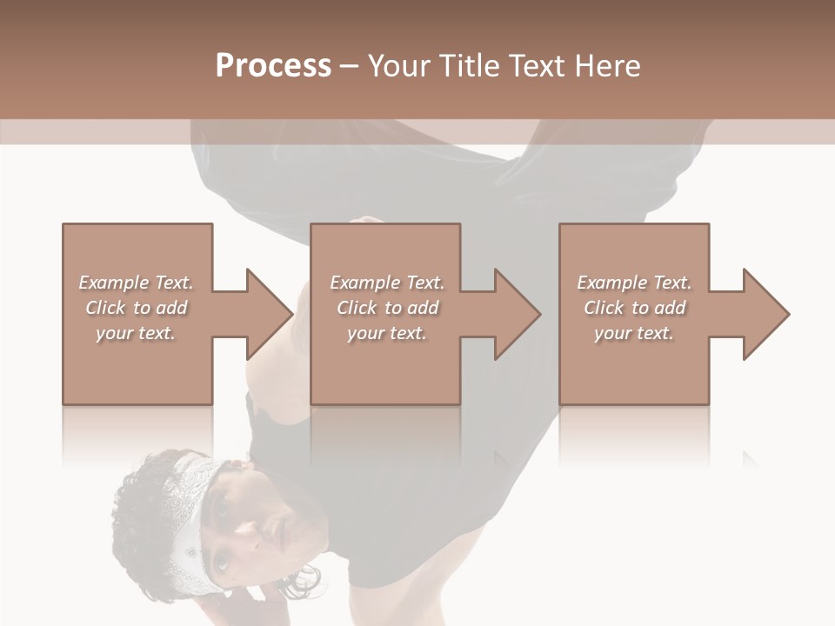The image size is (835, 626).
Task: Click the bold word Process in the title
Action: [x=273, y=66]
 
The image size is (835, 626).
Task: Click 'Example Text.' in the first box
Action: [x=136, y=283]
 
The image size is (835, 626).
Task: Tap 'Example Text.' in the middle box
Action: [x=386, y=283]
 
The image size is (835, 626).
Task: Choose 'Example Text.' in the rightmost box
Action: [x=634, y=283]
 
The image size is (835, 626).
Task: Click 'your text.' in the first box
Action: [x=136, y=333]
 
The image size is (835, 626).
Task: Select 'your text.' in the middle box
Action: [x=386, y=333]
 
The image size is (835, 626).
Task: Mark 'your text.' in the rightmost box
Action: [x=634, y=333]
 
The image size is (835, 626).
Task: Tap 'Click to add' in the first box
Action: [x=136, y=308]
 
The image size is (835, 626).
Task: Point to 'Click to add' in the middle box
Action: [x=386, y=308]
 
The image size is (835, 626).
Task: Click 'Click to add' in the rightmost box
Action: [x=634, y=308]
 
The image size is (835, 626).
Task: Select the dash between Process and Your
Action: [x=350, y=66]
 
